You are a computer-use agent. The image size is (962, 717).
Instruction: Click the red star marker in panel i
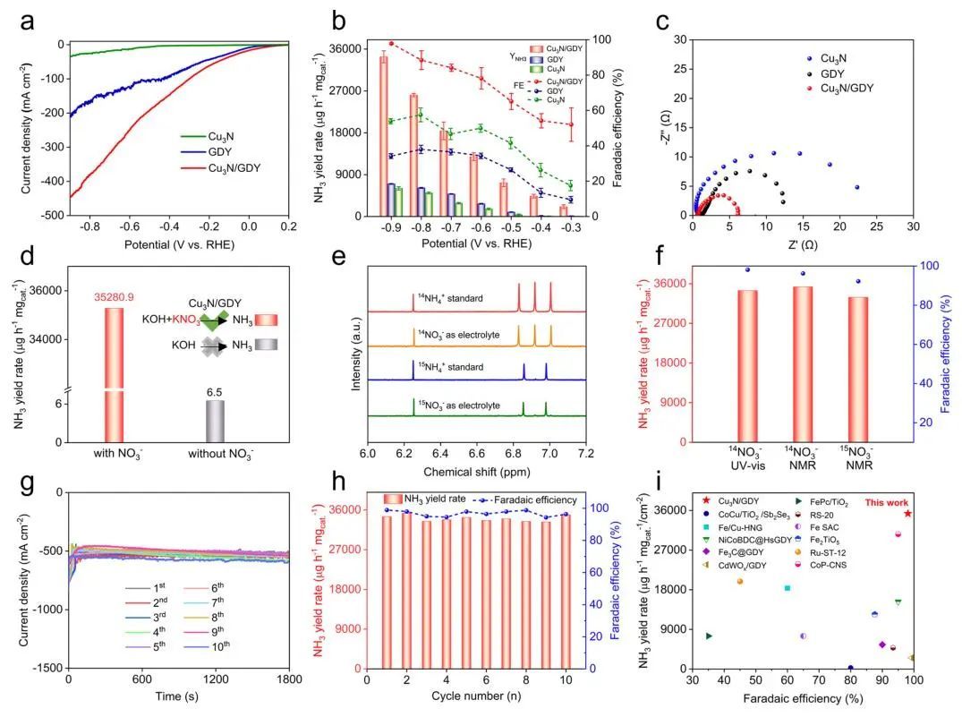tap(907, 513)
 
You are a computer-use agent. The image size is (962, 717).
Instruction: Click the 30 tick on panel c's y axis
tap(682, 39)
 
